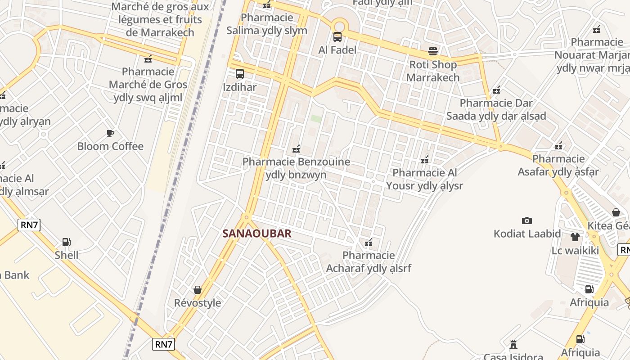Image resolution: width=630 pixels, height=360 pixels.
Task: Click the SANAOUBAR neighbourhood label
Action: (x=257, y=234)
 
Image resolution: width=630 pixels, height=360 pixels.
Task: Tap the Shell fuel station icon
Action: (x=66, y=242)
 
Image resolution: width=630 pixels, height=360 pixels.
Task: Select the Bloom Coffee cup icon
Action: (x=110, y=133)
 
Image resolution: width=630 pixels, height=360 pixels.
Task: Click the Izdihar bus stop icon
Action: (x=240, y=74)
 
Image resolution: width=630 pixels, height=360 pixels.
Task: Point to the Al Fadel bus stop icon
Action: (x=337, y=37)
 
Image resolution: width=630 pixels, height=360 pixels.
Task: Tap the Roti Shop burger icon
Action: (x=433, y=51)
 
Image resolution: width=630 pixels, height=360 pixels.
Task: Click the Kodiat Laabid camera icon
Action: (x=527, y=220)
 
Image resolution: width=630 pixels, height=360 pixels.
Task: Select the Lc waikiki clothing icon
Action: (x=575, y=237)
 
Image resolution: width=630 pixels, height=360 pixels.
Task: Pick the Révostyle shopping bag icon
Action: (x=198, y=290)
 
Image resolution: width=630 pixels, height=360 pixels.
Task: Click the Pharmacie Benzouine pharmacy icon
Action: (x=296, y=149)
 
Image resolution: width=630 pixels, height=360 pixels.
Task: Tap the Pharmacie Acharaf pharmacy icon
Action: (x=369, y=243)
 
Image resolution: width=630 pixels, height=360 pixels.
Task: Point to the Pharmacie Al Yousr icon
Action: (x=424, y=159)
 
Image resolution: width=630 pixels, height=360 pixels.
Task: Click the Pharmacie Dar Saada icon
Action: (x=496, y=90)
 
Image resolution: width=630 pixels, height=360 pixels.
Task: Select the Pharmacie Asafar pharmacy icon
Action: (x=558, y=146)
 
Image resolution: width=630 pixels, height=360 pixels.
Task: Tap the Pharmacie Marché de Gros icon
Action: (x=148, y=58)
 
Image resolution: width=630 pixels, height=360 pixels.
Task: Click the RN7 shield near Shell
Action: (x=29, y=225)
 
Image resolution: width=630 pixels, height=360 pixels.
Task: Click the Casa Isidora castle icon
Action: (x=513, y=345)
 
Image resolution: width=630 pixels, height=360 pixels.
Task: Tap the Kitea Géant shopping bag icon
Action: (x=616, y=212)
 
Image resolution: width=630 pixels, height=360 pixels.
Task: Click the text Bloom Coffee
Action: (x=110, y=146)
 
